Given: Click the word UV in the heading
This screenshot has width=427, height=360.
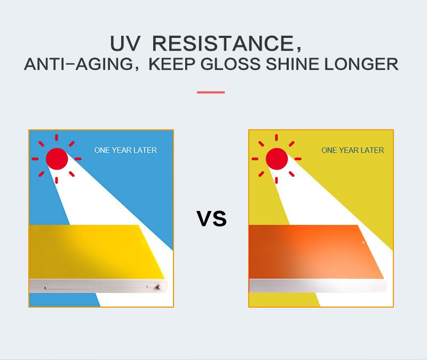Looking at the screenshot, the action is tap(125, 43).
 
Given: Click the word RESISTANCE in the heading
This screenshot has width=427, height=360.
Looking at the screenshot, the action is tap(223, 43).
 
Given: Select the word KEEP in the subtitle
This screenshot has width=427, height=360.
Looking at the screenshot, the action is tap(172, 64).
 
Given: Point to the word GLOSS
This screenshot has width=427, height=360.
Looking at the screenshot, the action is tap(231, 64).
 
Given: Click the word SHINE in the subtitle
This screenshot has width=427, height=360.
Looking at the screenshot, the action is tap(292, 64).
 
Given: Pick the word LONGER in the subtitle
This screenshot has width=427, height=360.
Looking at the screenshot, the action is tap(361, 64).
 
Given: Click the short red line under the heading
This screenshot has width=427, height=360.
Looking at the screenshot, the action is tap(211, 92).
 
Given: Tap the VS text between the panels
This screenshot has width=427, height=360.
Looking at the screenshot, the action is tap(211, 218).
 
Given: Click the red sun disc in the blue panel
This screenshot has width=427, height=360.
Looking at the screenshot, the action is tap(57, 159).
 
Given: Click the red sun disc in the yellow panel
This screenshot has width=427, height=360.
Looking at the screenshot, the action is tap(276, 159).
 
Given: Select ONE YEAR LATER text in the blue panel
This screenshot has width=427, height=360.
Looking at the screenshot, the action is tap(125, 150).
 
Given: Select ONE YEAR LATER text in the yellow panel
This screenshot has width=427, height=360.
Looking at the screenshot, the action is tap(353, 150).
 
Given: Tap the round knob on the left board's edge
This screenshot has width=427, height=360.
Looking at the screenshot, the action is tap(159, 287).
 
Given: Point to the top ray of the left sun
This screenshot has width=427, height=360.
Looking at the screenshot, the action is tap(57, 137).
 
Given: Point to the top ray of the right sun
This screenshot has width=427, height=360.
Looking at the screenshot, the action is tap(276, 137).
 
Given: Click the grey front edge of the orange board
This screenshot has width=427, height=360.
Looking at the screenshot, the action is tap(318, 286).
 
